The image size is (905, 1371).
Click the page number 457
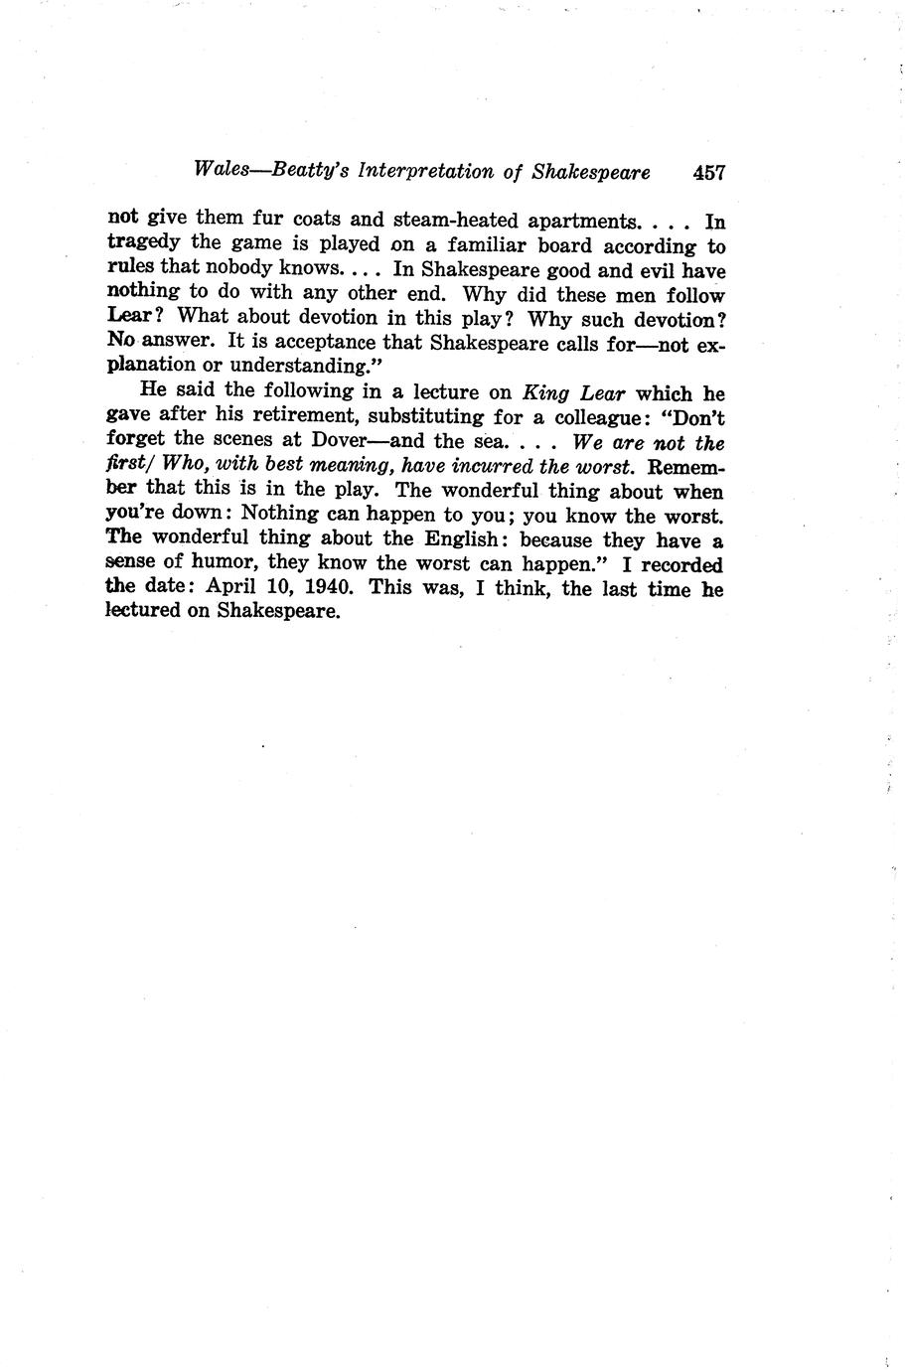pyautogui.click(x=709, y=172)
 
